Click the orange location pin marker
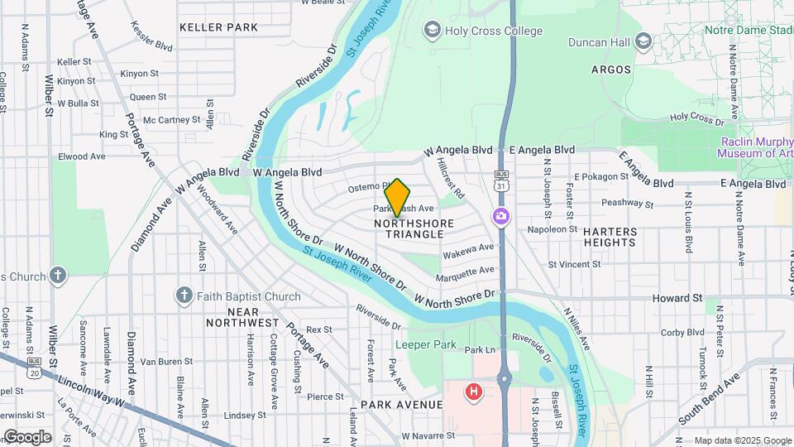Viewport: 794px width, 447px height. pos(398,198)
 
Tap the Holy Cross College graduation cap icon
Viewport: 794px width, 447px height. pos(431,31)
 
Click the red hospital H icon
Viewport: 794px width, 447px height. pos(473,391)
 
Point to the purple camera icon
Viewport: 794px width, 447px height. pos(500,216)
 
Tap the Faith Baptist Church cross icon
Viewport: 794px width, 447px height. pos(184,296)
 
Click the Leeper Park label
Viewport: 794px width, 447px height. pos(426,344)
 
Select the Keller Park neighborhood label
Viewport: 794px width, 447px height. pos(218,27)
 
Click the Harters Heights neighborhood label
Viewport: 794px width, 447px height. pos(610,237)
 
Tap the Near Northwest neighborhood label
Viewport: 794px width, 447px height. pos(242,316)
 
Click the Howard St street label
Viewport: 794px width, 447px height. pos(677,297)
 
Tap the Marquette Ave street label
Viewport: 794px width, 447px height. pos(466,272)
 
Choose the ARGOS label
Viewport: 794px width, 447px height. pos(611,70)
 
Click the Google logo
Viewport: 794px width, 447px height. pos(27,436)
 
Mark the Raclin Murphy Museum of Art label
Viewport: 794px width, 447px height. pos(754,147)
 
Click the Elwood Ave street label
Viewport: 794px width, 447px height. pos(81,156)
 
